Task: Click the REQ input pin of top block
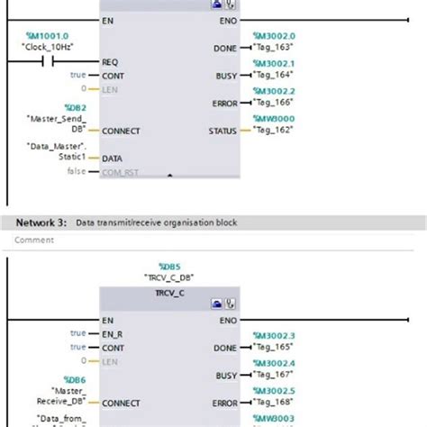(x=110, y=62)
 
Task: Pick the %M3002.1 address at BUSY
(x=274, y=64)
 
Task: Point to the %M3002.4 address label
(x=274, y=364)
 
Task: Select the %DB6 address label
(x=73, y=380)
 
